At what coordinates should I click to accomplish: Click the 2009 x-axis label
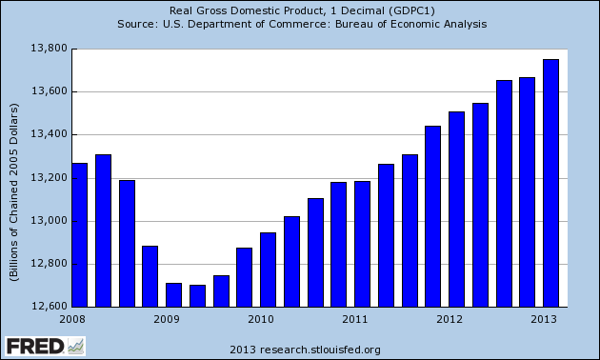coord(167,319)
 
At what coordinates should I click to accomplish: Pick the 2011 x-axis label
coord(355,319)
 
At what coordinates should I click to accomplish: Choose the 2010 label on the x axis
coord(261,319)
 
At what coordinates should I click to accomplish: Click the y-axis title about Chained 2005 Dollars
coord(14,177)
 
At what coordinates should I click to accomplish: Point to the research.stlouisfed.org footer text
coord(299,349)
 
